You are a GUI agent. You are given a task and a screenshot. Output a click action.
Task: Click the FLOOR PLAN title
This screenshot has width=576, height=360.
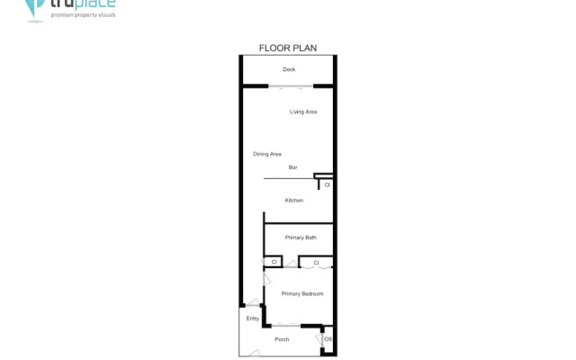288,48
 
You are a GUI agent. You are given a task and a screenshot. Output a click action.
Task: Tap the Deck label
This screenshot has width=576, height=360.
289,69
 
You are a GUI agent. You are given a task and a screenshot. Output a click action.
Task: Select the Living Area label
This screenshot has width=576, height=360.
303,112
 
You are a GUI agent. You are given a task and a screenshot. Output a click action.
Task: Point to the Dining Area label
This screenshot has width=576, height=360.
267,154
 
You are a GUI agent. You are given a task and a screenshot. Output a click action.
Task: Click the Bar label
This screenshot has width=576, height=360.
292,167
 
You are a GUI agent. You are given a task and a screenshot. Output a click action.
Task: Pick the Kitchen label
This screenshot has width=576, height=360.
294,200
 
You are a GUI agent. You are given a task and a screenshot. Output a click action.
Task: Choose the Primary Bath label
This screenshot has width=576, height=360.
301,238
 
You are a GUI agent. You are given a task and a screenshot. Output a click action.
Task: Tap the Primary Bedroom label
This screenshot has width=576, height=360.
301,294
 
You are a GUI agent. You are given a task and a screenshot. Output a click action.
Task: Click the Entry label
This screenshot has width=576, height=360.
252,319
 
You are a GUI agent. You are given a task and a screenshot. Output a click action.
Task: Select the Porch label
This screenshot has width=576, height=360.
282,339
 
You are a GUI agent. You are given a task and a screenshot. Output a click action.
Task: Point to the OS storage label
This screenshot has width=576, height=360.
328,339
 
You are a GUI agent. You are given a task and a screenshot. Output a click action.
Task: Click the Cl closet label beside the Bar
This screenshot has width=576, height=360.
327,184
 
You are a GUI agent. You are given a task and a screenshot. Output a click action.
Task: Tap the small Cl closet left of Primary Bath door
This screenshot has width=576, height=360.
273,262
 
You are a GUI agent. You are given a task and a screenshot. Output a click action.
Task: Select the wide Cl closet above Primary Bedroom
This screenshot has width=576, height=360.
316,263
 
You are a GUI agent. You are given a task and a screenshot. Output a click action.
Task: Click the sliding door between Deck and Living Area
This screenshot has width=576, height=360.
290,87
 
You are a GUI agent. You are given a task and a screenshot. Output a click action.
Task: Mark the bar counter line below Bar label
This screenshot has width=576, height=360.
288,179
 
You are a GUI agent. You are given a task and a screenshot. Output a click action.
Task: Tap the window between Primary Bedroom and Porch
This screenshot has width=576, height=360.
289,325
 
